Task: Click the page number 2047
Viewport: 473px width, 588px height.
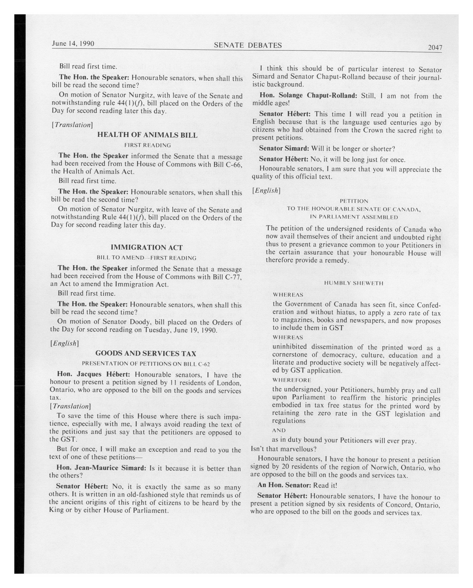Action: point(435,47)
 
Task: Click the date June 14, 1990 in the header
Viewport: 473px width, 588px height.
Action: point(73,44)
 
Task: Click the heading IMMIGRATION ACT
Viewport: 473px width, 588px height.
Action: point(147,247)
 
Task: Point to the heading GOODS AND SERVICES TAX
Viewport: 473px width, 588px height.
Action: point(146,353)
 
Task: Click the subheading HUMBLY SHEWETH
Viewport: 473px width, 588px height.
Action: point(354,283)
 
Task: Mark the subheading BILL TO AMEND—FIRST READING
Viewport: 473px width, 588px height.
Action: point(146,258)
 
